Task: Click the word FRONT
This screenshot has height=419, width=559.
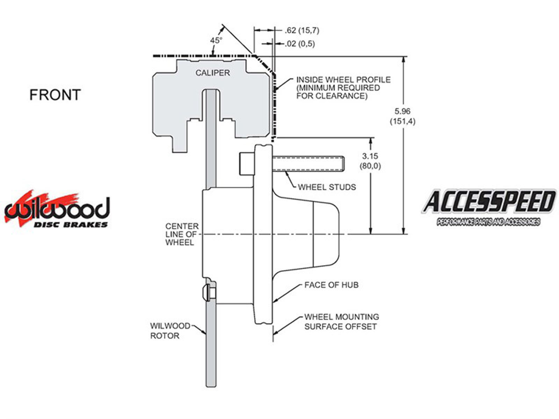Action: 55,95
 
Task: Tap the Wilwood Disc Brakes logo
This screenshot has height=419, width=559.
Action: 57,210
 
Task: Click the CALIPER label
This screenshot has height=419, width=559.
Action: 212,73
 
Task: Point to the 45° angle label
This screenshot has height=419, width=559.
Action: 216,41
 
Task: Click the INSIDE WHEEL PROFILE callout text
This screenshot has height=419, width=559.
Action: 343,88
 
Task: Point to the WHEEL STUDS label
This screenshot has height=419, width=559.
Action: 327,187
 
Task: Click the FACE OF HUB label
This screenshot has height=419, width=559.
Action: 331,285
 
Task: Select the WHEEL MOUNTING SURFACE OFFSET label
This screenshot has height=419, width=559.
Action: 341,322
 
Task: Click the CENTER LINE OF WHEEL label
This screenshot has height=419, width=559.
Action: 182,234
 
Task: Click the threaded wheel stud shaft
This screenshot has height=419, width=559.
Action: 307,164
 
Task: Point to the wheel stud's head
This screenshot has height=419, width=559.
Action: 247,163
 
